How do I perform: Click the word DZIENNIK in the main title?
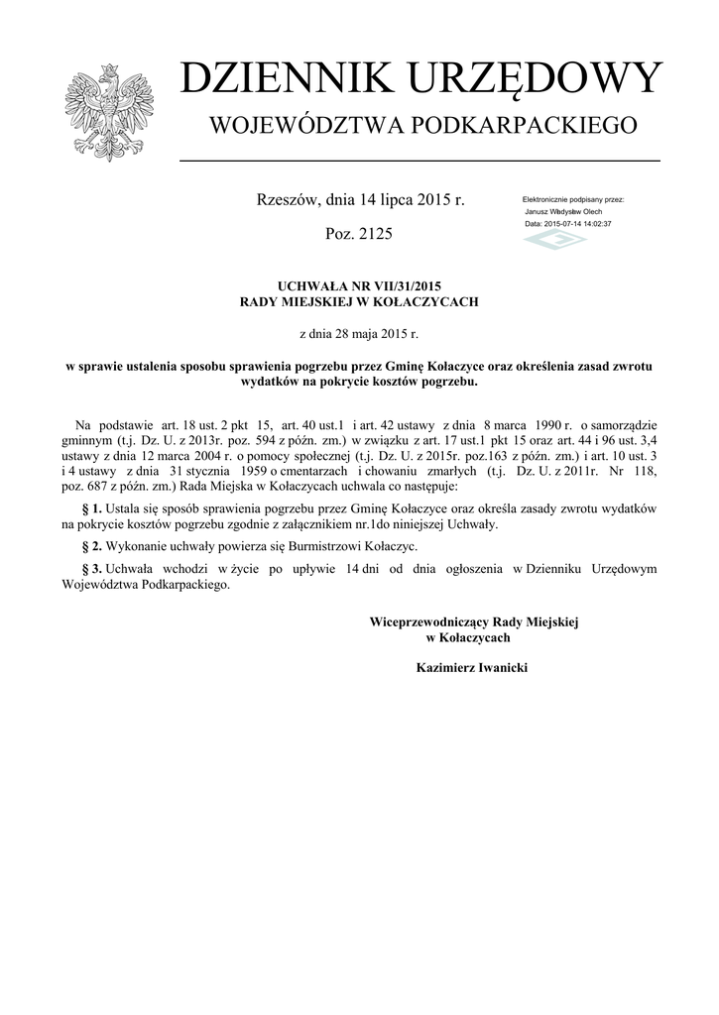pyautogui.click(x=284, y=79)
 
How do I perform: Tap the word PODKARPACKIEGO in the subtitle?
pyautogui.click(x=529, y=126)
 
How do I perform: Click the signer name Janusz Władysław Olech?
pyautogui.click(x=563, y=211)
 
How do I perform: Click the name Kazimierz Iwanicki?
pyautogui.click(x=473, y=669)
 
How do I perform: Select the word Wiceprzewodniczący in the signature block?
pyautogui.click(x=424, y=621)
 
